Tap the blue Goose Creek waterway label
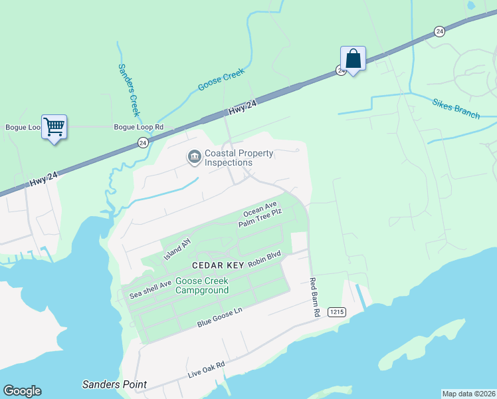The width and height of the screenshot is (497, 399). click(x=221, y=80)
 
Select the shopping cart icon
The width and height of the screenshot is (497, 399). click(x=54, y=126)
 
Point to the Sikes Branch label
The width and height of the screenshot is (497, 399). click(x=456, y=109)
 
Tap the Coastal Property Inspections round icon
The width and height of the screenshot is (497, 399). click(x=194, y=158)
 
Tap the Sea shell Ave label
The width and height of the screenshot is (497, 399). click(x=150, y=287)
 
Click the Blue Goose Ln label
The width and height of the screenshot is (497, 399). click(x=220, y=317)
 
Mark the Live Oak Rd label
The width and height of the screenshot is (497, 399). click(x=207, y=370)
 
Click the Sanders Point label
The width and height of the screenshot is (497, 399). click(x=114, y=384)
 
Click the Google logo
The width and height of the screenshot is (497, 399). click(x=22, y=391)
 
